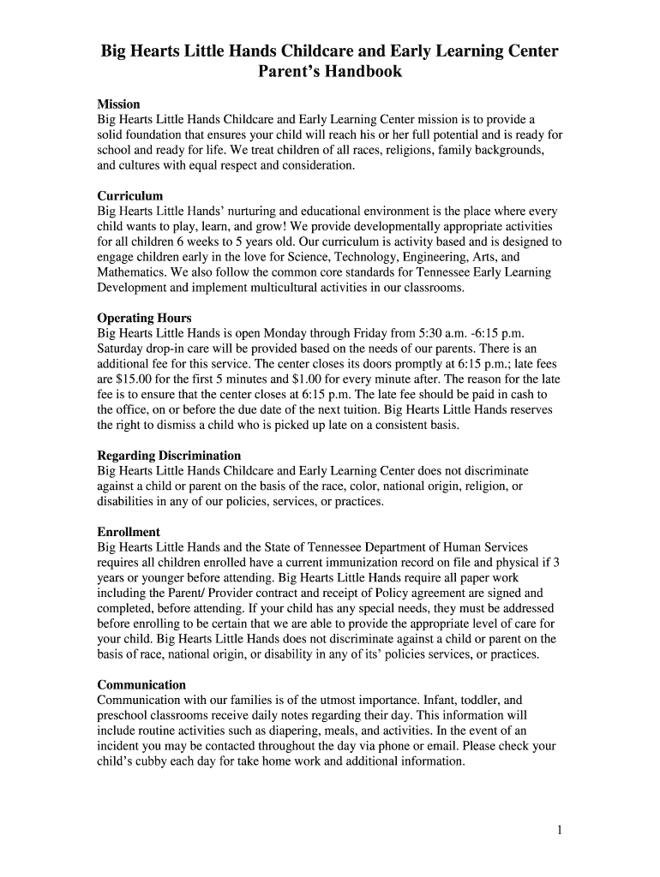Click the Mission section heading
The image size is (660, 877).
click(x=118, y=104)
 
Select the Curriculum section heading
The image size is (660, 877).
click(x=129, y=196)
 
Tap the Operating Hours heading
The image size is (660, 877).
click(x=144, y=319)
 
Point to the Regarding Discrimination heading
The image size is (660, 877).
click(x=169, y=456)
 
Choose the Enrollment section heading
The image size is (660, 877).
click(x=129, y=532)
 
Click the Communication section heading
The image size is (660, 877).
click(x=141, y=684)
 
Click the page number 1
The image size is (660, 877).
click(x=559, y=830)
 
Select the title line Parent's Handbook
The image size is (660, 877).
click(x=330, y=72)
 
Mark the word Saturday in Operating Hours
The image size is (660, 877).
click(x=123, y=349)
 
